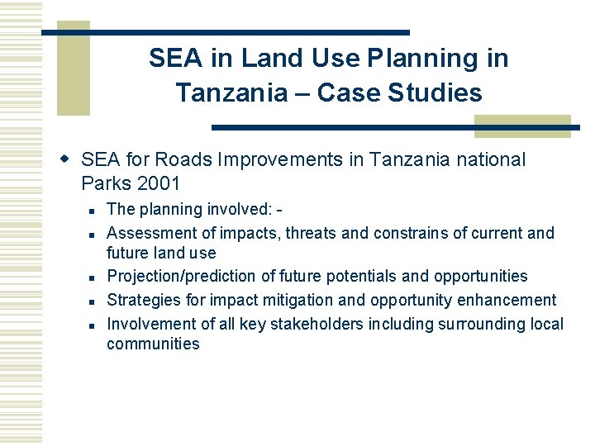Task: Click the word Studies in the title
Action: (x=441, y=93)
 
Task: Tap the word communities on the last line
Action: (x=153, y=344)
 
